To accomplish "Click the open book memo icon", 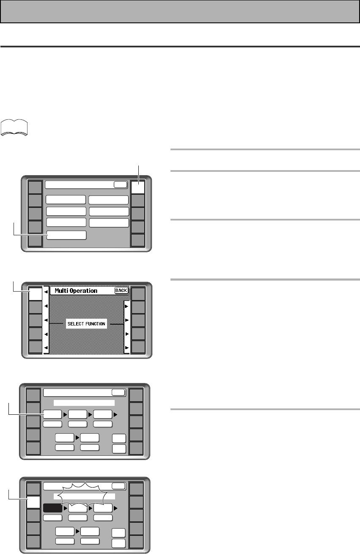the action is (14, 128).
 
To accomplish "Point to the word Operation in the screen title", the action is (84, 291).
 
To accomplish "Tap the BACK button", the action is (121, 291).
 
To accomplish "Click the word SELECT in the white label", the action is (76, 324).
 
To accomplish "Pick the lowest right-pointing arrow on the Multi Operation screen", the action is (126, 348).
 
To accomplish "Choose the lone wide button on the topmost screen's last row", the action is (66, 235).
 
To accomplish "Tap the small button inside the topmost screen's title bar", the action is (120, 185).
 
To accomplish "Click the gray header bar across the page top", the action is (180, 11).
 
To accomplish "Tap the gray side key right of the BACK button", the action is (139, 294).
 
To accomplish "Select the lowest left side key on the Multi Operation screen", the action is (35, 347).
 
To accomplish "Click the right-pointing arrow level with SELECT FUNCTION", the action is (126, 324).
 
